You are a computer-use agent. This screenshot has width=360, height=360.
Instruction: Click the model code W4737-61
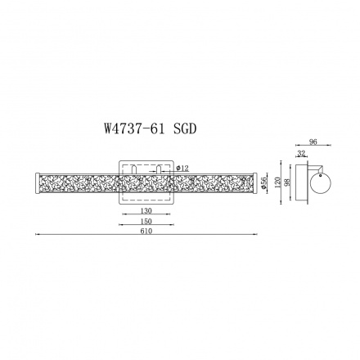pos(135,129)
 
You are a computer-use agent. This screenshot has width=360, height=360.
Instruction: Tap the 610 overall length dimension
pos(146,232)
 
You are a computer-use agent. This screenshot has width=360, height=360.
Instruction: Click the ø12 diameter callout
pos(182,168)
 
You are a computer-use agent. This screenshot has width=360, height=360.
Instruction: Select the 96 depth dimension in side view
pos(313,142)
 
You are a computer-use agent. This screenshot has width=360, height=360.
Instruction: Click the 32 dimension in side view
pos(301,153)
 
